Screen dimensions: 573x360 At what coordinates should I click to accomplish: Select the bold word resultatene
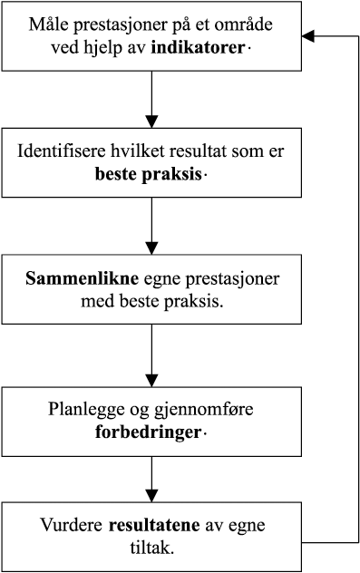[x=151, y=524]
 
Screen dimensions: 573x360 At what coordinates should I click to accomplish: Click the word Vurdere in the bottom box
[x=73, y=524]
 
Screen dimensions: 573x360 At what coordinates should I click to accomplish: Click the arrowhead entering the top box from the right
[x=308, y=35]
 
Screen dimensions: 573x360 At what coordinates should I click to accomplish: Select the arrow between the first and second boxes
[x=152, y=99]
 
